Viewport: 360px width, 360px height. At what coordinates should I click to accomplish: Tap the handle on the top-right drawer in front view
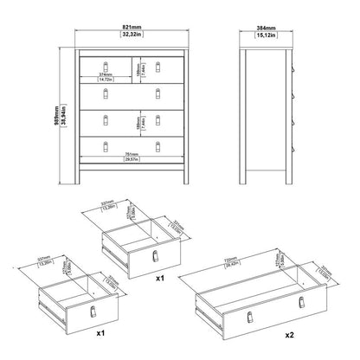[x=157, y=65]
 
